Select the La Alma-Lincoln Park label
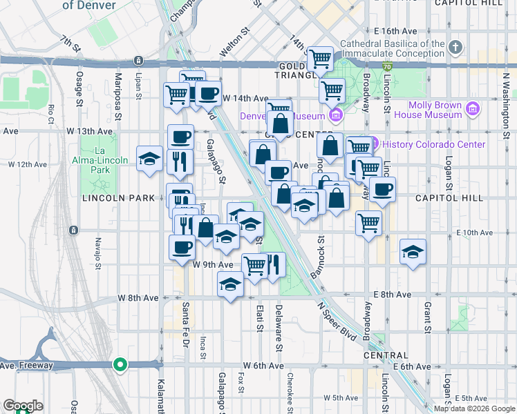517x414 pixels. click(102, 160)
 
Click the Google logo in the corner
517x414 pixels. click(23, 406)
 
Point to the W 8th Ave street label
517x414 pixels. click(138, 297)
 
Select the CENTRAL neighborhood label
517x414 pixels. click(385, 355)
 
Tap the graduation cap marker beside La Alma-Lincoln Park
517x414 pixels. click(149, 159)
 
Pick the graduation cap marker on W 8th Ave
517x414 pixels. click(230, 284)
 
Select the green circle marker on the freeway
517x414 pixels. click(120, 364)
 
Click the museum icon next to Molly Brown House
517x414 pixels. click(473, 109)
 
